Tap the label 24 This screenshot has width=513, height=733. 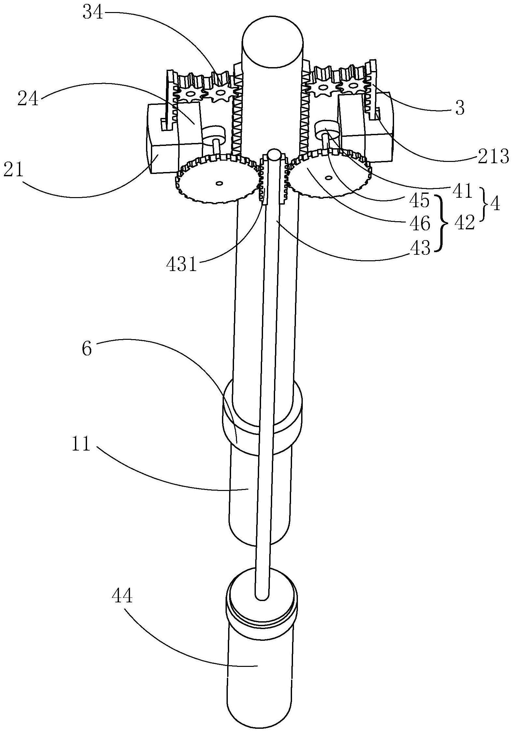coord(28,98)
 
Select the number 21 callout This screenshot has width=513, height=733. coord(13,170)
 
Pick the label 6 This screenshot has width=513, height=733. coord(87,349)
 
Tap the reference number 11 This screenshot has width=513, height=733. coord(81,444)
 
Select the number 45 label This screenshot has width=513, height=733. coord(419,201)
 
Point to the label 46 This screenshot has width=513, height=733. coord(419,224)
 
